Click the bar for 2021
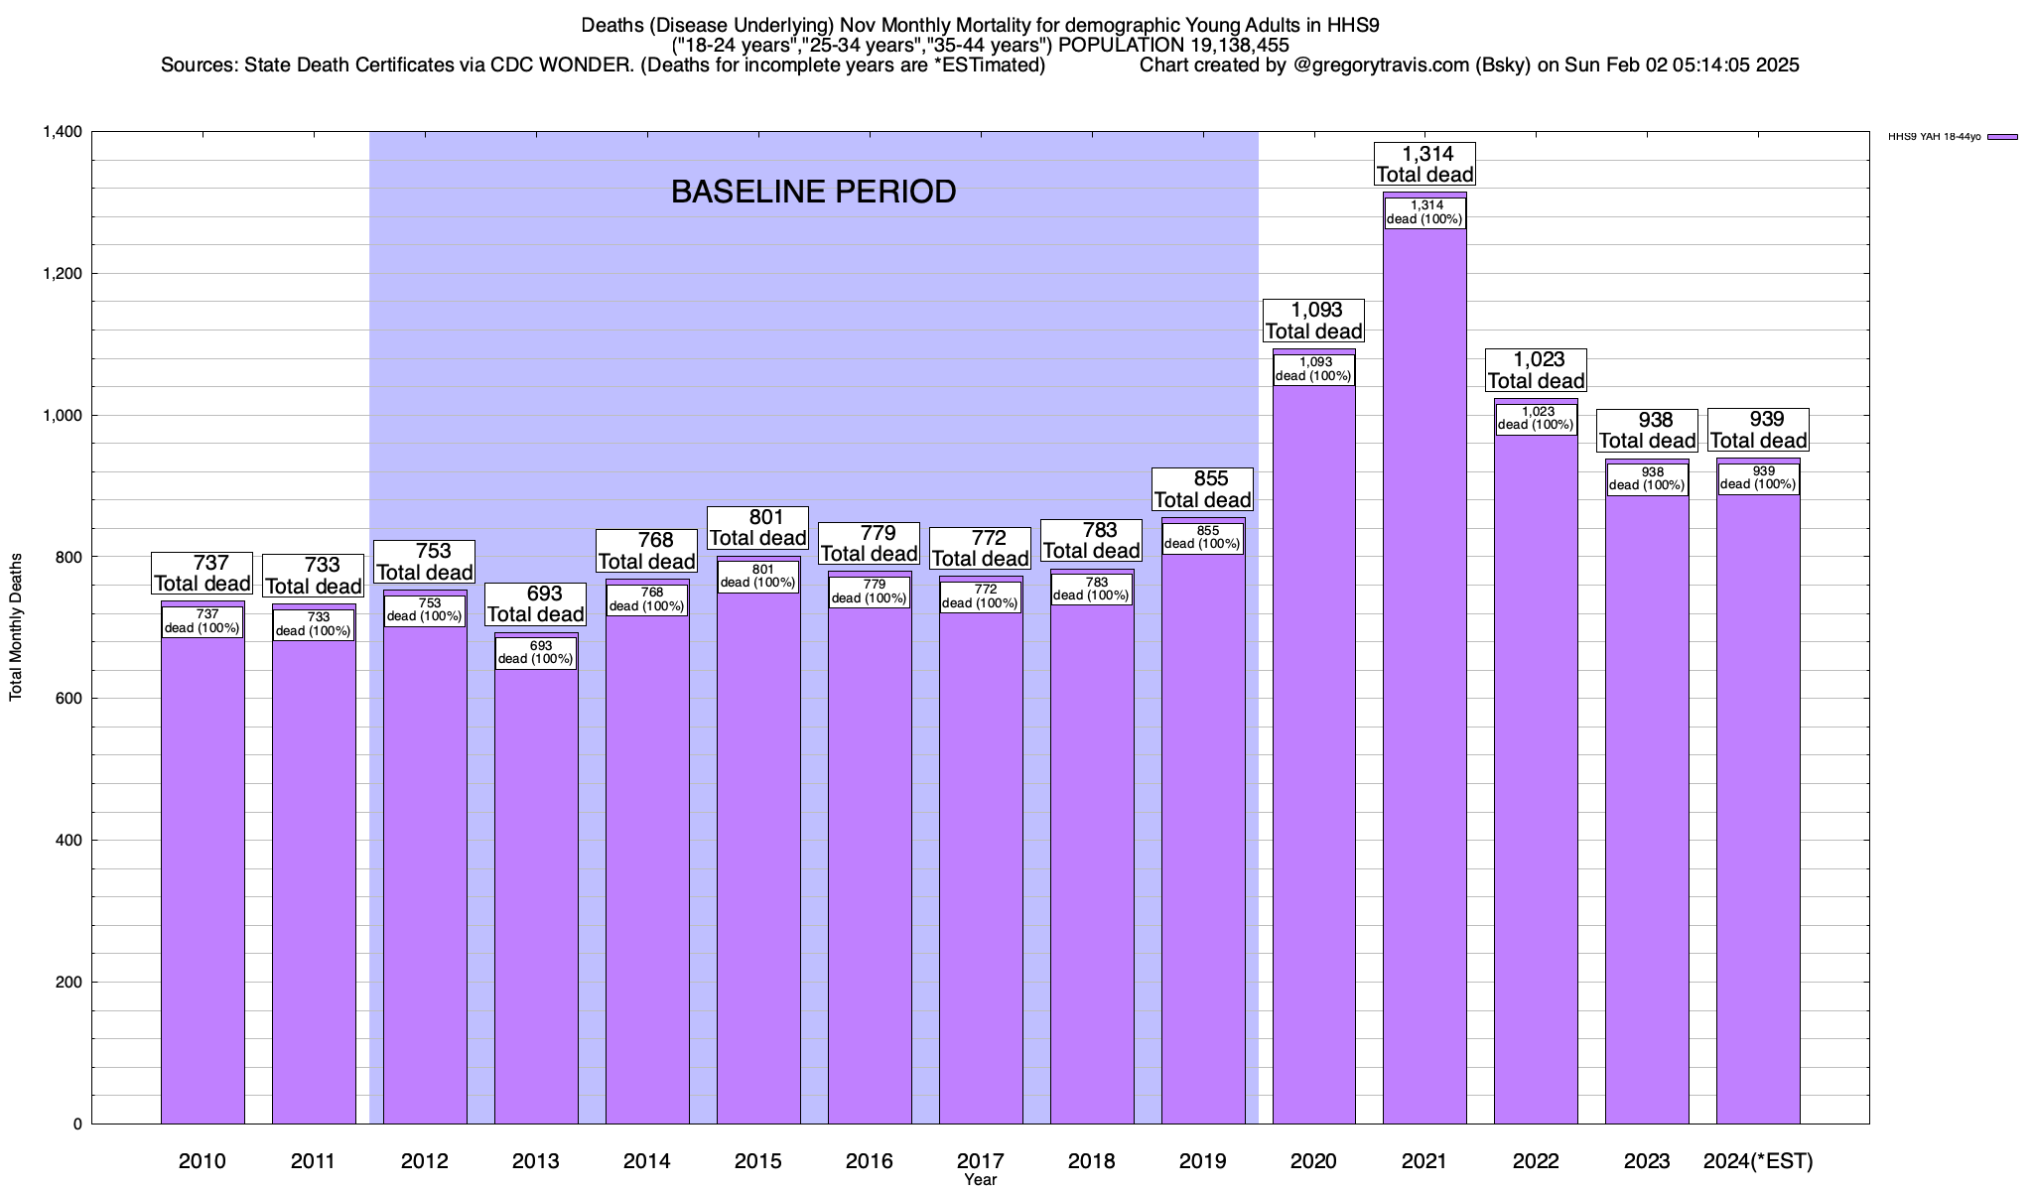(x=1424, y=695)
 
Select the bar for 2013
(x=536, y=893)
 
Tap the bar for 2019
(x=1203, y=844)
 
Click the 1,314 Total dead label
(x=1424, y=164)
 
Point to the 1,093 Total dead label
(x=1313, y=321)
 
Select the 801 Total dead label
(x=758, y=528)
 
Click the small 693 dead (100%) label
(x=536, y=652)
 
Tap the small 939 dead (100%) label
(x=1758, y=478)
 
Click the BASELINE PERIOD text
(x=813, y=192)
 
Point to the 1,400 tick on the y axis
(x=62, y=132)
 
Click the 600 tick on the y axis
(x=69, y=699)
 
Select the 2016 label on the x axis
(x=870, y=1161)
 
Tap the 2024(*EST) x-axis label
(x=1758, y=1161)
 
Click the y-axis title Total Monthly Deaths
(x=16, y=641)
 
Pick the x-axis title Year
(x=980, y=1180)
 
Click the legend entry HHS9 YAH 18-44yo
(x=1935, y=137)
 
